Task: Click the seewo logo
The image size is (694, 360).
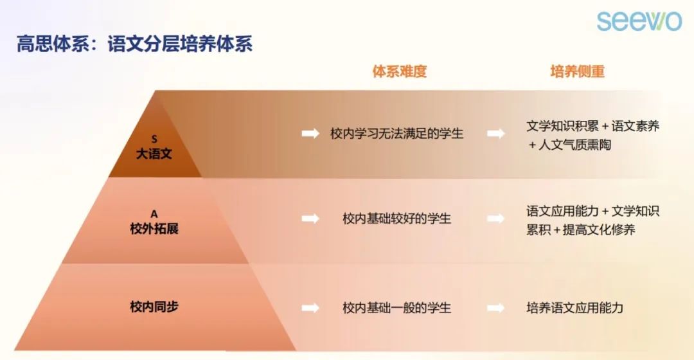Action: pos(639,21)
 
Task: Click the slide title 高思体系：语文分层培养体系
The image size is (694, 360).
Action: pos(134,44)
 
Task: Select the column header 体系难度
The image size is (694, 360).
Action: pos(399,71)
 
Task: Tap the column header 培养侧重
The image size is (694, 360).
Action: pos(577,71)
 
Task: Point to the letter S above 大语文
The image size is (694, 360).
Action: pos(154,139)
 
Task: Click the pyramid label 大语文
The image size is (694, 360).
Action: pos(154,154)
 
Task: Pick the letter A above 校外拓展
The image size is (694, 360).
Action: pos(154,214)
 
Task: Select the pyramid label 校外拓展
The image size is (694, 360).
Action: pos(154,228)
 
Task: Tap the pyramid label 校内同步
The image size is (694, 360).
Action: pos(154,307)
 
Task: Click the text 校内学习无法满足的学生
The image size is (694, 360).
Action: pos(396,134)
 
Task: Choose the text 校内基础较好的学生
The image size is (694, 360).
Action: pos(396,219)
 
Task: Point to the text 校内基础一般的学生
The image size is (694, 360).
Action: pos(396,308)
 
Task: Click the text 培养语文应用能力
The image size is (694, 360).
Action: pos(574,308)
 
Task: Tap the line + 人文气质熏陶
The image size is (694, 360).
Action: pos(569,145)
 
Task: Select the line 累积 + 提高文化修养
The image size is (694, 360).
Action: pos(581,230)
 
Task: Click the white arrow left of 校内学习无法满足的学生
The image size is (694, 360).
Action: pos(310,133)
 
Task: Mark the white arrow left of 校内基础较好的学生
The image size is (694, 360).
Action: pos(310,219)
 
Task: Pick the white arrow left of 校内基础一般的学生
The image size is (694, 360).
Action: pos(310,308)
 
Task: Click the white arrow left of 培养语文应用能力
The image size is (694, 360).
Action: pos(495,308)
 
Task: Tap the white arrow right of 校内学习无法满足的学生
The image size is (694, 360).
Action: pos(495,133)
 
